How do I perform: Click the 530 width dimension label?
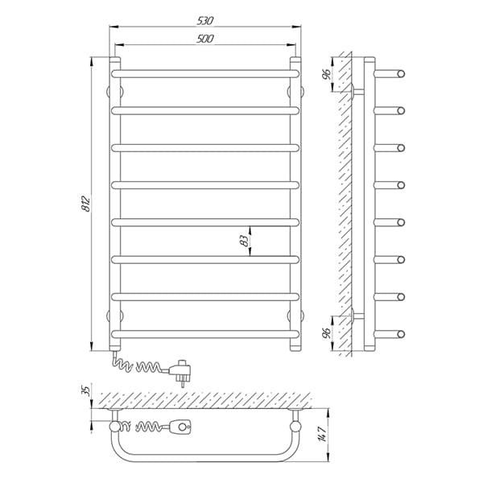(204, 21)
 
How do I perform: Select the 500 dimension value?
(204, 39)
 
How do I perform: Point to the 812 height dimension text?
(85, 204)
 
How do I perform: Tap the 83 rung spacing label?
(244, 241)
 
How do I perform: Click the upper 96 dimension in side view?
(326, 74)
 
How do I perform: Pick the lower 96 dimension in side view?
(326, 332)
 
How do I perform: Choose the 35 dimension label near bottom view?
(87, 390)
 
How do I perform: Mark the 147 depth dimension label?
(323, 434)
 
